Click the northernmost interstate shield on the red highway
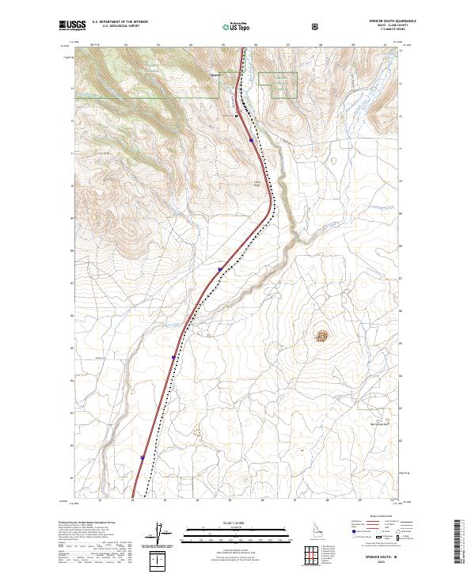coord(251,140)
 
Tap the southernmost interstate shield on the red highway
coord(142,457)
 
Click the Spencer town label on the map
coord(215,75)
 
